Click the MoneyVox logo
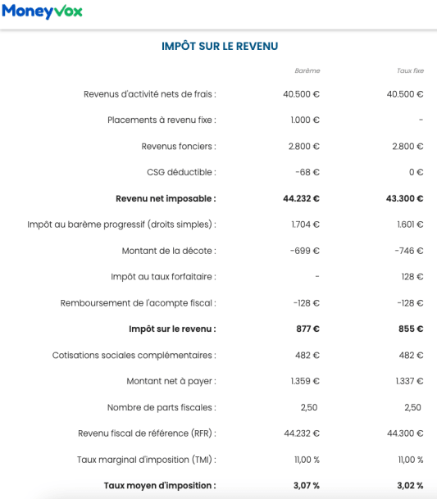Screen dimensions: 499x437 pos(42,12)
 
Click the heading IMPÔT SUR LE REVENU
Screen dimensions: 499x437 pos(220,47)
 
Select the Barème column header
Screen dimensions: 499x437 pos(307,70)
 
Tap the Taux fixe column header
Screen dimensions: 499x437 pos(410,70)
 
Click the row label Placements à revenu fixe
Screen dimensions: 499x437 pos(162,120)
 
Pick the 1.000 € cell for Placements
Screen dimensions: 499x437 pos(305,120)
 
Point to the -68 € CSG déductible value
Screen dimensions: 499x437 pos(307,172)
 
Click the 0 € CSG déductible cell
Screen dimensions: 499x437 pos(416,172)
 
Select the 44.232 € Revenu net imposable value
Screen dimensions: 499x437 pos(301,198)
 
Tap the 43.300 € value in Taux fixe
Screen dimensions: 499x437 pos(405,198)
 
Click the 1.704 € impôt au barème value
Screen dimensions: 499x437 pos(305,224)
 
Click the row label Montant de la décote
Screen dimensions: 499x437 pos(169,251)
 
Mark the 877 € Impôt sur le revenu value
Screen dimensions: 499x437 pos(308,329)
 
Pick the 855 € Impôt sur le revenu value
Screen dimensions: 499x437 pos(411,329)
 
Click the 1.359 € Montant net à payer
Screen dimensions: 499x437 pos(305,381)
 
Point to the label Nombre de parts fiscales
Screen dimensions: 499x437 pos(162,407)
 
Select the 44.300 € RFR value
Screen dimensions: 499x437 pos(405,433)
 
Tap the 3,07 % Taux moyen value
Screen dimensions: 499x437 pos(307,486)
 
